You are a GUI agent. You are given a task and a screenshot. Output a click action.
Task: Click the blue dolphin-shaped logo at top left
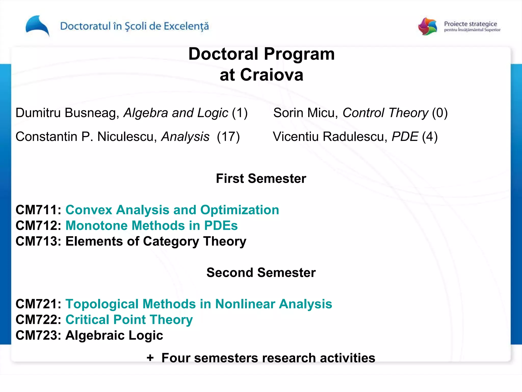(x=37, y=26)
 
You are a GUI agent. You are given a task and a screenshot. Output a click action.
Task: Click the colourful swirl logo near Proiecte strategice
(x=428, y=26)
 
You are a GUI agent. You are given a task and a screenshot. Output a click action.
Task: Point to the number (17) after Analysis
(x=228, y=137)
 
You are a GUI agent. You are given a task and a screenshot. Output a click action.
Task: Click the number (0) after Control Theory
(x=440, y=113)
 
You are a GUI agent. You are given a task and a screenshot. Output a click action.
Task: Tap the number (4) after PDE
(x=430, y=137)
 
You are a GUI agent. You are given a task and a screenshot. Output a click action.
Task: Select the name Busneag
(x=92, y=113)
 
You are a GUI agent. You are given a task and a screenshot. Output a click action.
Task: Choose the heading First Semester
(x=261, y=178)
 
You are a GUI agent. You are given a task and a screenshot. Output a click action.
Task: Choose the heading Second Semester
(x=261, y=273)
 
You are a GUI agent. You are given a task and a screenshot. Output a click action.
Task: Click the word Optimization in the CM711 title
(x=240, y=210)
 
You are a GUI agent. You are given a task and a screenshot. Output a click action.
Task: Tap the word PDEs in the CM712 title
(x=221, y=226)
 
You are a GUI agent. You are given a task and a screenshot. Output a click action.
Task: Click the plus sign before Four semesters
(x=150, y=358)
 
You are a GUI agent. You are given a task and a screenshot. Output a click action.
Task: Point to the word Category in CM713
(x=171, y=241)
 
